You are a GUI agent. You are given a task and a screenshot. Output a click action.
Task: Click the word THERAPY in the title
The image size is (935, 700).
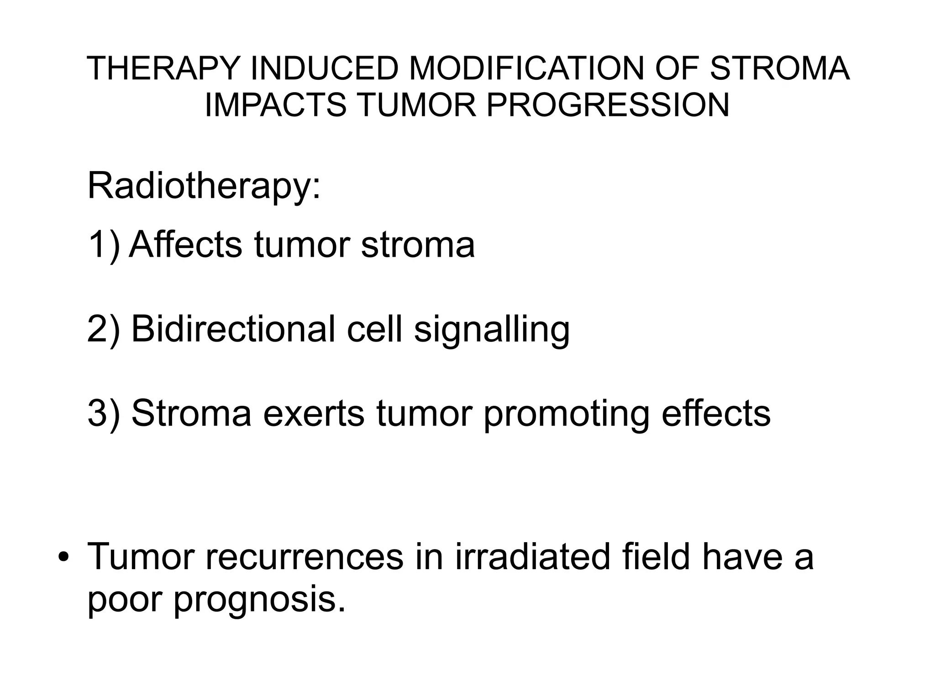point(163,69)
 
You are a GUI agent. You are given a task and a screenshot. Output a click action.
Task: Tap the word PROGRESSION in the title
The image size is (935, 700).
point(608,105)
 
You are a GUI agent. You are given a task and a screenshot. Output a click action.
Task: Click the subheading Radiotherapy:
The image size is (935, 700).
point(204,187)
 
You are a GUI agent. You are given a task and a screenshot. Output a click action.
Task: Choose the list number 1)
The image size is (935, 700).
point(104,245)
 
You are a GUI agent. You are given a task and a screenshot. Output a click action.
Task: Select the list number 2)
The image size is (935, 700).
point(104,329)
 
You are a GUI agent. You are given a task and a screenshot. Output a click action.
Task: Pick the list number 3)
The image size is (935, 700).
point(104,413)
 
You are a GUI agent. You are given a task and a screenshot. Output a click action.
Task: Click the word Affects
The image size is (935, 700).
point(185,245)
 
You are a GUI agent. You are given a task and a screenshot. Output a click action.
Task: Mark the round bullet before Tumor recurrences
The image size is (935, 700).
point(63,558)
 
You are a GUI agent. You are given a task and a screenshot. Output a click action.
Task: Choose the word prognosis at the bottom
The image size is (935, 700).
point(259,601)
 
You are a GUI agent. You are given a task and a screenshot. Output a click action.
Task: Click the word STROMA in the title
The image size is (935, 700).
point(779,69)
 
